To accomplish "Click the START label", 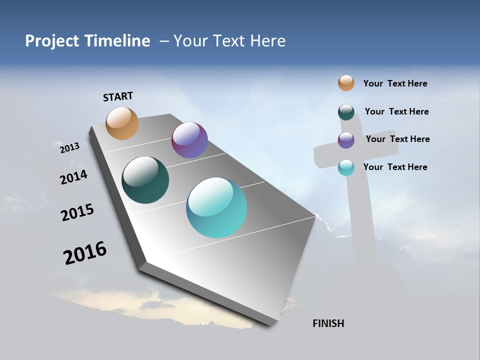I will pyautogui.click(x=118, y=96).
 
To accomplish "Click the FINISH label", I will pyautogui.click(x=328, y=323).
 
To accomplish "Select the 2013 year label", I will pyautogui.click(x=69, y=147).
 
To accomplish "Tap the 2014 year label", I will pyautogui.click(x=73, y=177).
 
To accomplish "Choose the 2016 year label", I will pyautogui.click(x=85, y=253).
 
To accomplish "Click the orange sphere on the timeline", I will pyautogui.click(x=122, y=123).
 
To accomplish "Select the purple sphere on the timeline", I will pyautogui.click(x=189, y=140).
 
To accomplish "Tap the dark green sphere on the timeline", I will pyautogui.click(x=145, y=180).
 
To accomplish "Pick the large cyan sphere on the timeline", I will pyautogui.click(x=216, y=207).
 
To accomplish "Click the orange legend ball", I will pyautogui.click(x=346, y=83).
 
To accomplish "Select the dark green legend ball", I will pyautogui.click(x=346, y=112).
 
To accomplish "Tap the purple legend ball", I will pyautogui.click(x=346, y=140).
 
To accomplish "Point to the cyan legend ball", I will pyautogui.click(x=346, y=167).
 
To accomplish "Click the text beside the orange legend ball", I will pyautogui.click(x=395, y=84).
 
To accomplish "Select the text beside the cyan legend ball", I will pyautogui.click(x=395, y=167).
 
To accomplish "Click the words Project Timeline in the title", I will pyautogui.click(x=87, y=41).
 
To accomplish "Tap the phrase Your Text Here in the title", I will pyautogui.click(x=229, y=41).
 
